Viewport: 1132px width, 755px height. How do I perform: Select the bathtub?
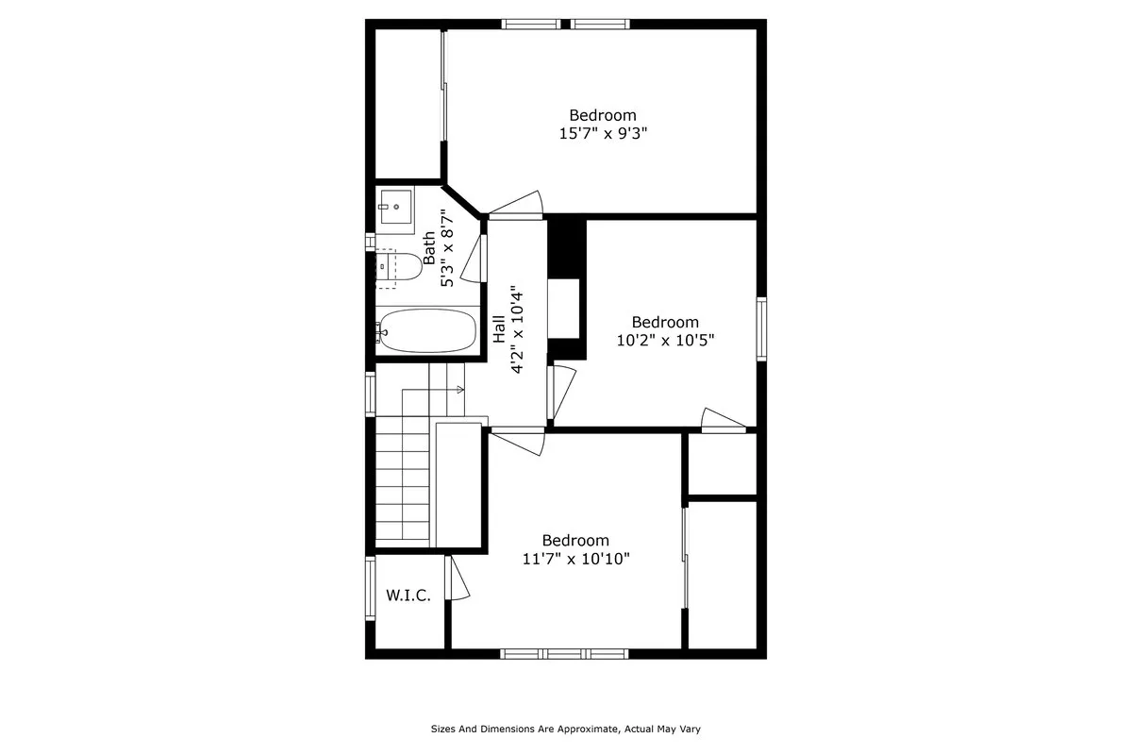click(x=426, y=330)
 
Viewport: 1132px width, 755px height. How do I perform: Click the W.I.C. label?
click(x=408, y=596)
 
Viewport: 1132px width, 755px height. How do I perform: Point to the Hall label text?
click(x=498, y=327)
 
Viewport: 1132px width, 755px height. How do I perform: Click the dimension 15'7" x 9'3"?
click(x=603, y=134)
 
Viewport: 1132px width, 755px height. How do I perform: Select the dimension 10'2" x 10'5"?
click(x=665, y=340)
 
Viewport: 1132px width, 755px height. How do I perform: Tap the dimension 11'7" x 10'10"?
click(x=575, y=559)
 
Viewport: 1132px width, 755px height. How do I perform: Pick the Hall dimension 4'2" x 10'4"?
click(x=517, y=329)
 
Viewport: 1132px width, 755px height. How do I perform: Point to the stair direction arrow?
click(x=459, y=389)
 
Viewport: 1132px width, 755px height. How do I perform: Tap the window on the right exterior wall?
click(x=761, y=328)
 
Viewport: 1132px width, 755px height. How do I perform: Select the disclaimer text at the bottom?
click(x=565, y=729)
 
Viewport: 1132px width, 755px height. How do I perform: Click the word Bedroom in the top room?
click(x=602, y=115)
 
